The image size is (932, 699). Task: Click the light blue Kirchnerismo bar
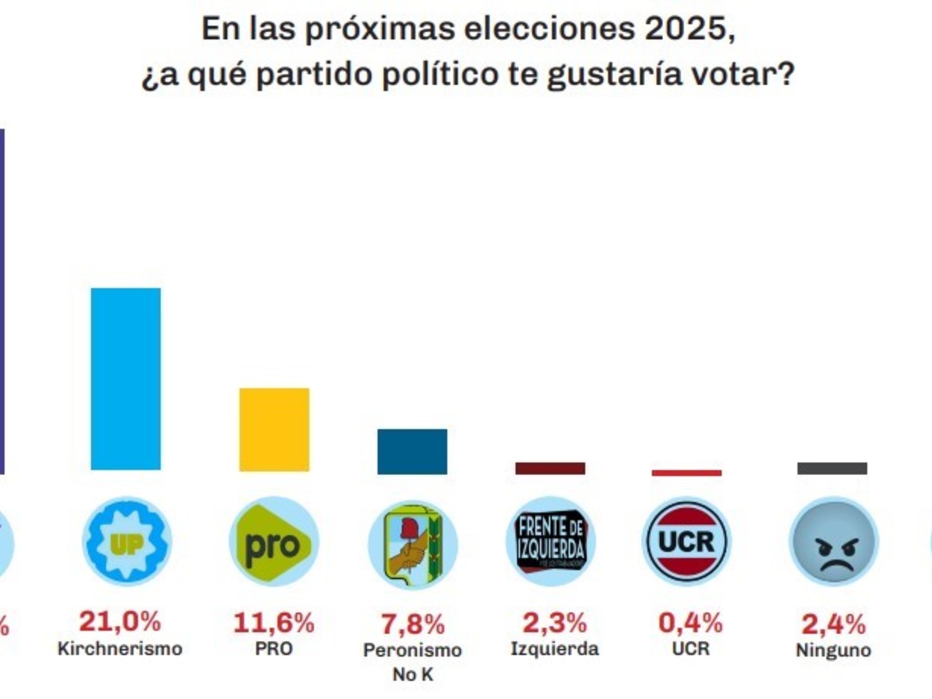(x=125, y=378)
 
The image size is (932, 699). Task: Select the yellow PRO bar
(x=274, y=429)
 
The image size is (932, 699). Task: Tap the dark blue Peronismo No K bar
(x=412, y=452)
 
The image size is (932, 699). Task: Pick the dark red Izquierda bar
(x=550, y=468)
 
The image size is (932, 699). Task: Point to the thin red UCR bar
(x=686, y=473)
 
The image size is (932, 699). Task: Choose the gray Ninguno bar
(x=832, y=468)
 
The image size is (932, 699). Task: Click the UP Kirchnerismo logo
(x=127, y=541)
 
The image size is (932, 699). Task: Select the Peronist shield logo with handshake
(x=413, y=544)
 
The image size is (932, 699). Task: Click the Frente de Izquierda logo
(x=551, y=541)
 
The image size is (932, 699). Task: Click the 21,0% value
(x=120, y=621)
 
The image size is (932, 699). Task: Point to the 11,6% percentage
(x=274, y=623)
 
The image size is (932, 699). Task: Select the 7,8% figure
(x=413, y=624)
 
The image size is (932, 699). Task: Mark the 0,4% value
(x=690, y=623)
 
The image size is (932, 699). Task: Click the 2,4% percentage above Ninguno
(x=833, y=624)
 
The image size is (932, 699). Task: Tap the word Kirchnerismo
(x=120, y=648)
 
